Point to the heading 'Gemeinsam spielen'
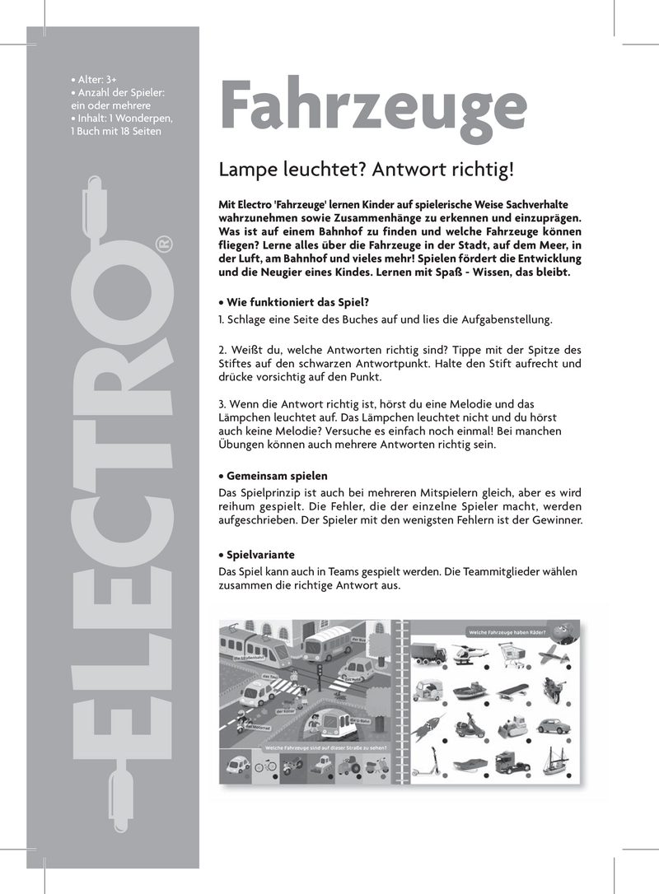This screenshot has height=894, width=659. click(x=276, y=476)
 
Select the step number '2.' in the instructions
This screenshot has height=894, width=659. click(x=222, y=347)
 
